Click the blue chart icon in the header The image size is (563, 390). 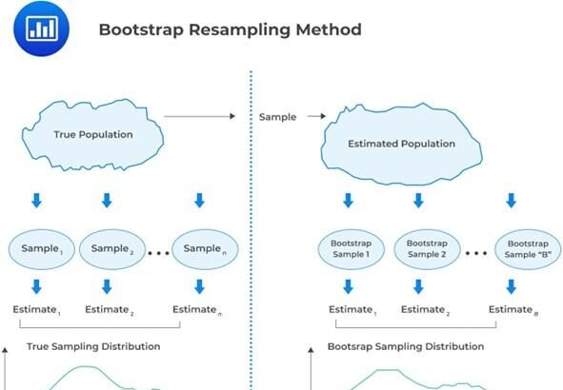[x=41, y=29]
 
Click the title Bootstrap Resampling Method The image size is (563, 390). [x=230, y=29]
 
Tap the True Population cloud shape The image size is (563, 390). [x=92, y=134]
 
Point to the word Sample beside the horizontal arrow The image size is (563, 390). [x=277, y=117]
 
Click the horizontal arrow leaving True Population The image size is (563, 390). [x=199, y=117]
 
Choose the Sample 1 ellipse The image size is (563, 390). [x=42, y=249]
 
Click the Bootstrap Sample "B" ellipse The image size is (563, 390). [x=515, y=249]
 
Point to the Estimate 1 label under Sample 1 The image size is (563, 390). [x=36, y=310]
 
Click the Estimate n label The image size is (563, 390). [x=198, y=310]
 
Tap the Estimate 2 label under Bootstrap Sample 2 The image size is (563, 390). [x=425, y=310]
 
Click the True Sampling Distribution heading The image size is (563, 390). [x=93, y=346]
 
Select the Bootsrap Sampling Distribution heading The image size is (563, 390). [x=406, y=346]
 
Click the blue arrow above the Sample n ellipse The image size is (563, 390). [x=199, y=201]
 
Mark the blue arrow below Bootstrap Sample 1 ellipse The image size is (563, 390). [x=349, y=286]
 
